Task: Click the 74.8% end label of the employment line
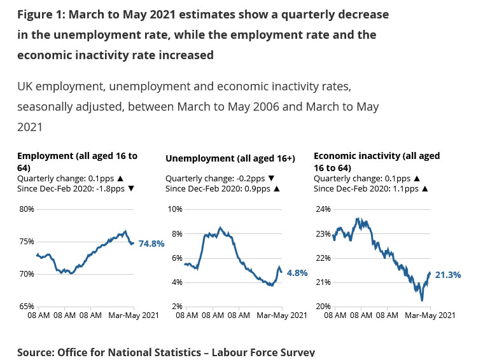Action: tap(151, 244)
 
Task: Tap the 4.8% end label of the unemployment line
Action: tap(297, 273)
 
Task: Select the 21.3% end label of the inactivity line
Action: tap(448, 275)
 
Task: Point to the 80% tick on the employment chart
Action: tap(26, 209)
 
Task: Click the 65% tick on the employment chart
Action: tap(26, 307)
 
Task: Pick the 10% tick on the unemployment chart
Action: tap(174, 209)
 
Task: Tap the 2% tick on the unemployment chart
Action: tap(176, 307)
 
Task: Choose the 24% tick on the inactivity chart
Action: tap(323, 209)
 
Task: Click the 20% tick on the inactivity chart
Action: tap(323, 307)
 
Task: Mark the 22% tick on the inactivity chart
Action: tap(323, 258)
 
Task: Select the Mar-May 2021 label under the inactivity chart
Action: tap(430, 314)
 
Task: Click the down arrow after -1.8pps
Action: tap(131, 189)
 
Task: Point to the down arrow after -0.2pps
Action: tap(271, 179)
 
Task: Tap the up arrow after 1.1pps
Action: tap(424, 189)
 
